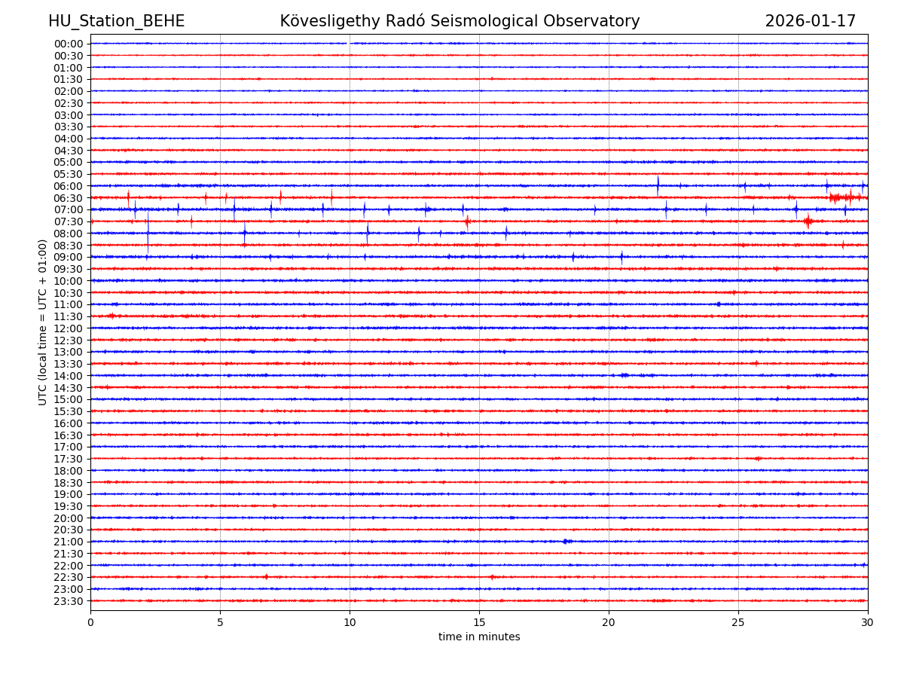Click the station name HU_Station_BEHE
(116, 22)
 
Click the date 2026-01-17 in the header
(810, 22)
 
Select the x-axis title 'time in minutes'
(479, 637)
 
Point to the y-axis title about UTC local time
(43, 322)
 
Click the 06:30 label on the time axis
(69, 198)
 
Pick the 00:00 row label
(69, 44)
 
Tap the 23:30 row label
(69, 601)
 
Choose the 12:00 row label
(69, 328)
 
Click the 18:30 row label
(69, 483)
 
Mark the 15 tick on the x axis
(479, 622)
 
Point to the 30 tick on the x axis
(868, 622)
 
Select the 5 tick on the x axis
(220, 622)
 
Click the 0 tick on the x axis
(90, 622)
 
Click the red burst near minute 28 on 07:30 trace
(808, 221)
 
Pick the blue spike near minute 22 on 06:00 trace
(658, 185)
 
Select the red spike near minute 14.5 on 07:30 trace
(467, 221)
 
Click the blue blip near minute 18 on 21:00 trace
(567, 541)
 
